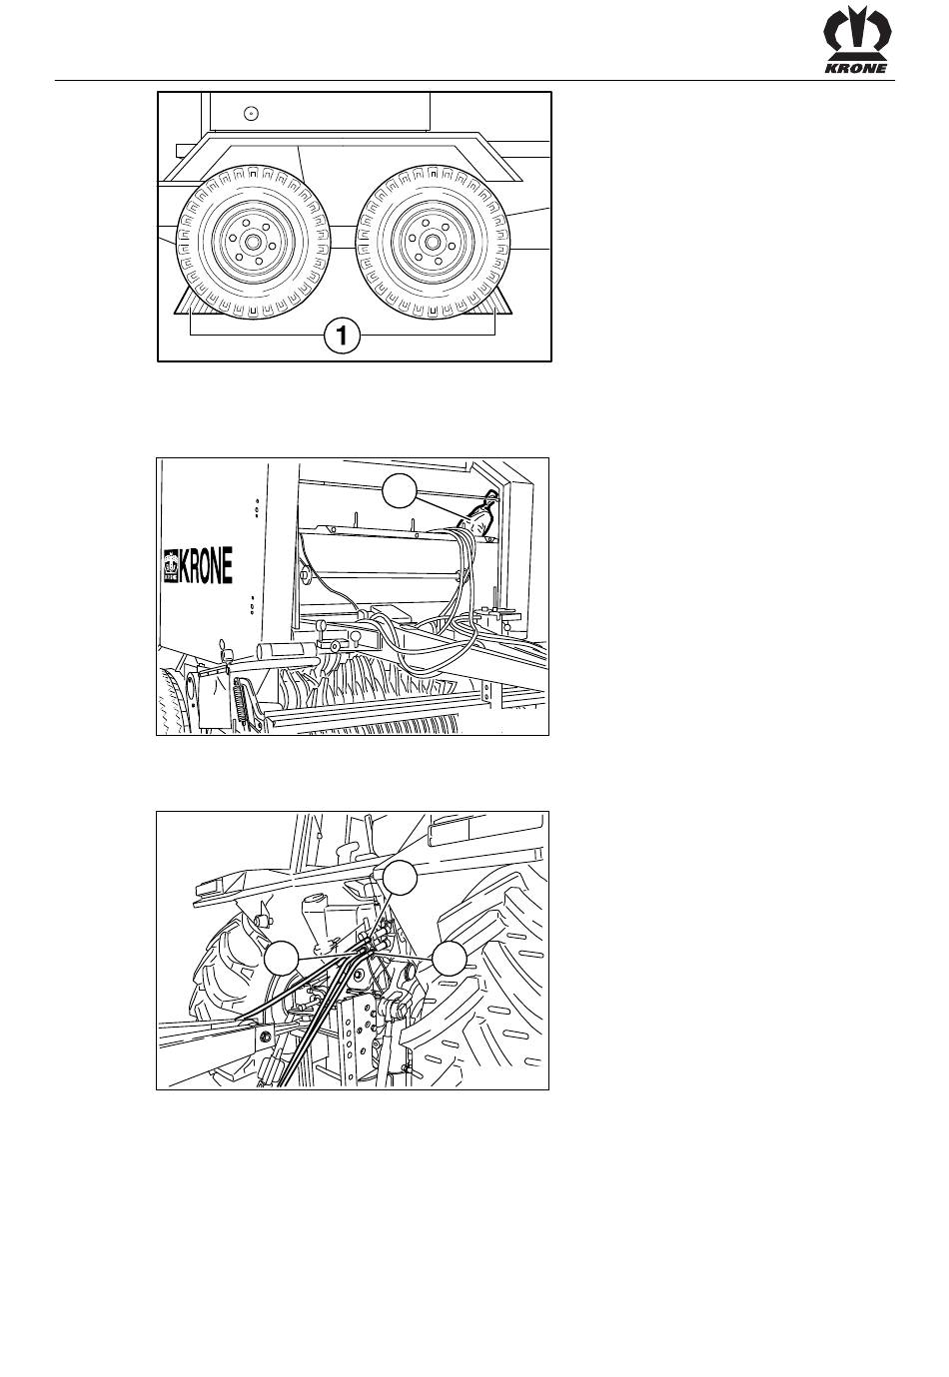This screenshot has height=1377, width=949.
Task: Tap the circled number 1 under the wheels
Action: click(x=342, y=337)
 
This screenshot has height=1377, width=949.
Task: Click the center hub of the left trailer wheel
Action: click(x=252, y=243)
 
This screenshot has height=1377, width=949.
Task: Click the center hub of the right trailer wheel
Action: click(x=432, y=242)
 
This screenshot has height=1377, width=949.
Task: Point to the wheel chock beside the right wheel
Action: click(x=500, y=303)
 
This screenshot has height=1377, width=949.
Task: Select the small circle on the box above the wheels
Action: click(x=251, y=113)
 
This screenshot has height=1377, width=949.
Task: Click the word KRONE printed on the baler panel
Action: click(x=206, y=565)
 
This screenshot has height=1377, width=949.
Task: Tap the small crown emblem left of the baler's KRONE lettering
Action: click(x=171, y=565)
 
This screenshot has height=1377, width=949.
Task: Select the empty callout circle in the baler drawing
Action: click(x=400, y=490)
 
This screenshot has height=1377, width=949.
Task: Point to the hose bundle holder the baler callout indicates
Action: click(x=479, y=514)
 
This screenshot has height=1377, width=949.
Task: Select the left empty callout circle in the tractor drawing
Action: click(x=282, y=958)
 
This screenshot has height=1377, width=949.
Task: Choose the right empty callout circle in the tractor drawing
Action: click(x=449, y=958)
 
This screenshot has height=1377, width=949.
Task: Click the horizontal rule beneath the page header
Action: click(x=474, y=80)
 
